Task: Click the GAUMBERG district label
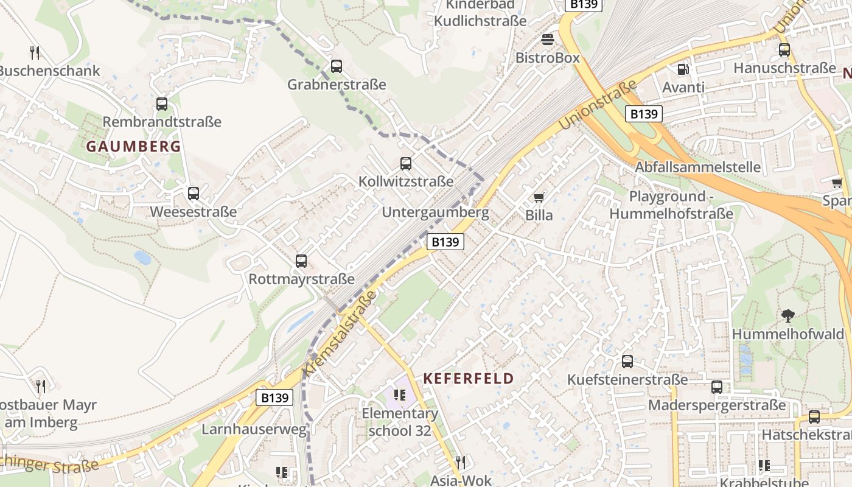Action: [133, 146]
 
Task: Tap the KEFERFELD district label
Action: [468, 378]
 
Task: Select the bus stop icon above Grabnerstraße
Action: [337, 66]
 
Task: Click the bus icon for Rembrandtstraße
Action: [162, 104]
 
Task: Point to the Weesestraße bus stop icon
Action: [194, 194]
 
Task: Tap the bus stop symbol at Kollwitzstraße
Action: [406, 164]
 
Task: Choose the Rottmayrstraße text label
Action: [301, 279]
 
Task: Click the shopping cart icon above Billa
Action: [539, 197]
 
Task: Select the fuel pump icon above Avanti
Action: [683, 70]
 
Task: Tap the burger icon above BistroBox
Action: [548, 40]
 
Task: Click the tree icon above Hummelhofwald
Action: [788, 316]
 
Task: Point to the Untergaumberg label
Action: [435, 212]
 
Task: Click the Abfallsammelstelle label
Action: [697, 167]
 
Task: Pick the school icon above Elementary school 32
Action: [400, 395]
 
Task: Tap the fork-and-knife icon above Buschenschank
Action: [35, 53]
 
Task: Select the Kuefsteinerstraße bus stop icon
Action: [627, 362]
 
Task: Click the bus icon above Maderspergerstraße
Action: [717, 387]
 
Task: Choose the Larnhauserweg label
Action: [254, 429]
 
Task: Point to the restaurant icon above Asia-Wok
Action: [460, 462]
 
